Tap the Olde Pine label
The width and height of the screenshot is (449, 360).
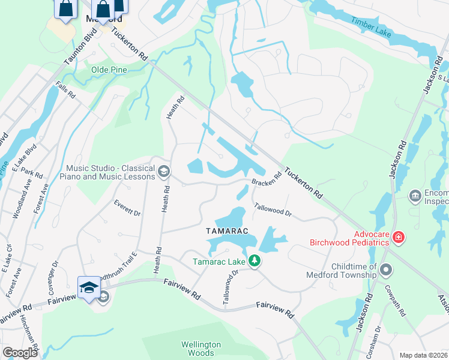point(109,70)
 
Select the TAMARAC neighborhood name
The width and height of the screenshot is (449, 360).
point(227,231)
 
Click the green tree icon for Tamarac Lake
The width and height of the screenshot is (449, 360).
point(255,260)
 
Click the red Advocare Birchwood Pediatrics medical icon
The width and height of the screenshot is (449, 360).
point(398,238)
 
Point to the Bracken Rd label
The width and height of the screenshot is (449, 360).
point(267,179)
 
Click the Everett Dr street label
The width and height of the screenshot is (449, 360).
point(127,208)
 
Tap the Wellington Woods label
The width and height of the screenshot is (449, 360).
point(201,349)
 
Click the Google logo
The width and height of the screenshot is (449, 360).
point(20,352)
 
